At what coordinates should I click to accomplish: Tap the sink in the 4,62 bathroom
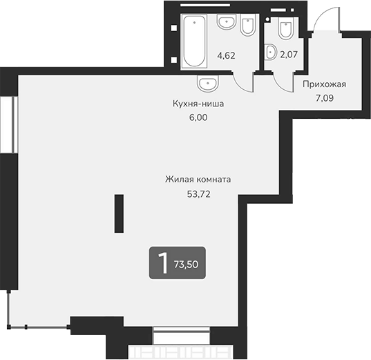pos(226,23)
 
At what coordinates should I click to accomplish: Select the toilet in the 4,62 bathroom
pos(247,26)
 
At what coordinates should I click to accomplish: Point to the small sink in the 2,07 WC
pos(271,51)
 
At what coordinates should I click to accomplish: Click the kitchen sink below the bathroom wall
pos(207,84)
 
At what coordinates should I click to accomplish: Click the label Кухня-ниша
pos(200,104)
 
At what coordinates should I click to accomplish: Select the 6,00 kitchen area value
pos(198,117)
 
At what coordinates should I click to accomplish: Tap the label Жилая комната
pos(198,180)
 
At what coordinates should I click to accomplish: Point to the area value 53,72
pos(198,193)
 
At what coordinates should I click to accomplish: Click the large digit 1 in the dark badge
pos(163,263)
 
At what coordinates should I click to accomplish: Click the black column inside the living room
pos(118,215)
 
